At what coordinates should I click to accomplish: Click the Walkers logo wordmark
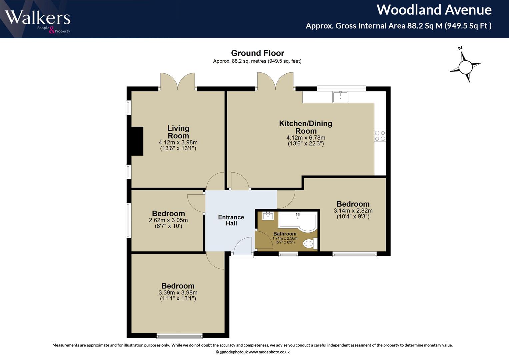pos(38,18)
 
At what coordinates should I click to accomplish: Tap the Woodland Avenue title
pos(434,10)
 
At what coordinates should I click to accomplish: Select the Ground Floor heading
pos(257,53)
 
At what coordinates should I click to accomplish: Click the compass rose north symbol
pos(465,67)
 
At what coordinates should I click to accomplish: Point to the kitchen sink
pos(340,97)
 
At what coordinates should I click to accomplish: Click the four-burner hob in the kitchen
pos(380,136)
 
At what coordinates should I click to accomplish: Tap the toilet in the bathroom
pos(310,244)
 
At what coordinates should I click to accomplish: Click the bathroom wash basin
pos(268,216)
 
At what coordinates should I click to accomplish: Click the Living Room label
pos(178,132)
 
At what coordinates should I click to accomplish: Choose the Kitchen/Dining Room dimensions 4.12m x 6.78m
pos(306,138)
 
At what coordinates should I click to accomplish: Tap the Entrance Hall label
pos(231,220)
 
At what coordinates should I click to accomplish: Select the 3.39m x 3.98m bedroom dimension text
pos(178,293)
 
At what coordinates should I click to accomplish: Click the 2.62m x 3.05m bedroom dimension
pos(168,220)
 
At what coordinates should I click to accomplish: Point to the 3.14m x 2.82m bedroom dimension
pos(353,211)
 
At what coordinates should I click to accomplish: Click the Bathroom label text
pos(285,234)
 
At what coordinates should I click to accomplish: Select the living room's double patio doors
pos(178,82)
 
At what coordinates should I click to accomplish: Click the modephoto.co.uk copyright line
pos(252,352)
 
